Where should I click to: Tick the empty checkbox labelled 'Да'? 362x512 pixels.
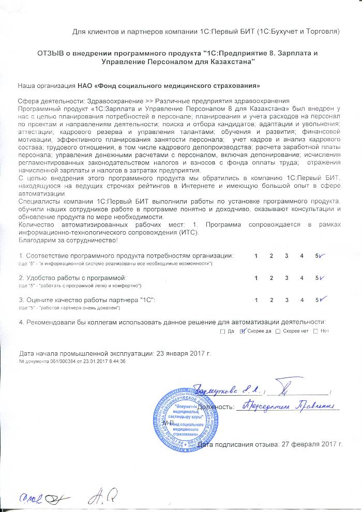tap(222, 331)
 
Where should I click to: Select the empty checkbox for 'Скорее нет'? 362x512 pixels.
tap(278, 331)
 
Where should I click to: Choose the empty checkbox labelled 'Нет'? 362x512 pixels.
tap(315, 331)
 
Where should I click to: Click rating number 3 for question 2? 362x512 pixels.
tap(286, 278)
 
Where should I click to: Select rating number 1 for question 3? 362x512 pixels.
tap(257, 300)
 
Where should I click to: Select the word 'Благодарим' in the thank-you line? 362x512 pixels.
tap(37, 240)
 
